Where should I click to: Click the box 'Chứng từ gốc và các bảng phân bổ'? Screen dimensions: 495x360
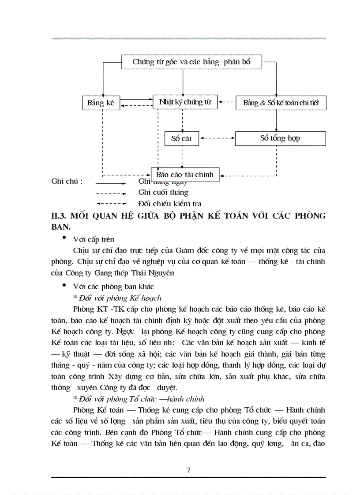[x=191, y=62]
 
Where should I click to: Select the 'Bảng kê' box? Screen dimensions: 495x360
[x=101, y=103]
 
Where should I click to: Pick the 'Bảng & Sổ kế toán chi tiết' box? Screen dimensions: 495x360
[x=281, y=104]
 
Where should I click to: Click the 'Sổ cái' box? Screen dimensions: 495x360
[x=181, y=138]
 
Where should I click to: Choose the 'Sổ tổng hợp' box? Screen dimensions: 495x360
[x=280, y=138]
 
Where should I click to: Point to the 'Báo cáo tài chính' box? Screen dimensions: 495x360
[x=184, y=175]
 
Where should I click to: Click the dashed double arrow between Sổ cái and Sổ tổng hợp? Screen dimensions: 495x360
[x=217, y=138]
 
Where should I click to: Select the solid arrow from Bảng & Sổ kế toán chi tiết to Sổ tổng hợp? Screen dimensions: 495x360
[x=277, y=120]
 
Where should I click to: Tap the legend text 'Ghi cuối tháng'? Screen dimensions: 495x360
[x=163, y=193]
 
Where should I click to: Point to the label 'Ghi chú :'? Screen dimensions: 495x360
[x=67, y=181]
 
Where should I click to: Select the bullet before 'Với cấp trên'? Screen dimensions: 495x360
[x=64, y=238]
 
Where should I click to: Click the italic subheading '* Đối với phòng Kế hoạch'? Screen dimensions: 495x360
[x=117, y=298]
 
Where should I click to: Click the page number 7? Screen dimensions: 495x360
[x=188, y=470]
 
